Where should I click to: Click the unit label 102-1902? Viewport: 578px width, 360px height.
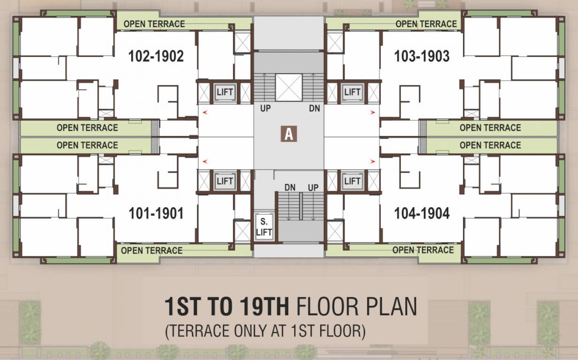point(156,57)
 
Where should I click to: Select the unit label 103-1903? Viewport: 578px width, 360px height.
point(422,57)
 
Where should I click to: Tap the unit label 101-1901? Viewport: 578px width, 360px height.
point(156,214)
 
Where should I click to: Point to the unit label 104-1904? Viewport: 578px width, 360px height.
point(422,214)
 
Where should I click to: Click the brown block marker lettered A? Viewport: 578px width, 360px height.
point(289,134)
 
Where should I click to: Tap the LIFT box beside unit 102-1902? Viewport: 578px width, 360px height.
point(225,92)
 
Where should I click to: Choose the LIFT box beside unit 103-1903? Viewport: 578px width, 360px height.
point(352,92)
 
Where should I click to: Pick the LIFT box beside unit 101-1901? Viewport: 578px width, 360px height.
point(225,181)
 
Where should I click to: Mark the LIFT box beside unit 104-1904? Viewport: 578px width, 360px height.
point(352,181)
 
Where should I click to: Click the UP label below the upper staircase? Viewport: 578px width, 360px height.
point(266,109)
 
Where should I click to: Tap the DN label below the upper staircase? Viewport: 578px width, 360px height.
point(315,109)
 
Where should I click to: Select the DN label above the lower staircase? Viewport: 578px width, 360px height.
point(290,187)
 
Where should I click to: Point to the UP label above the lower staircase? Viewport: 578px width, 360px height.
point(313,187)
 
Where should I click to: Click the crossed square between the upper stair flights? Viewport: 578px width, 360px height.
point(289,87)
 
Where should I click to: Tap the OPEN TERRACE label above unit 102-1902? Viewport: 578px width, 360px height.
point(154,23)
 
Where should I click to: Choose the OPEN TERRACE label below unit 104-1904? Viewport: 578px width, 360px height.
point(423,250)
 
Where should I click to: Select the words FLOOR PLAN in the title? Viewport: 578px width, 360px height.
point(357,307)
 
